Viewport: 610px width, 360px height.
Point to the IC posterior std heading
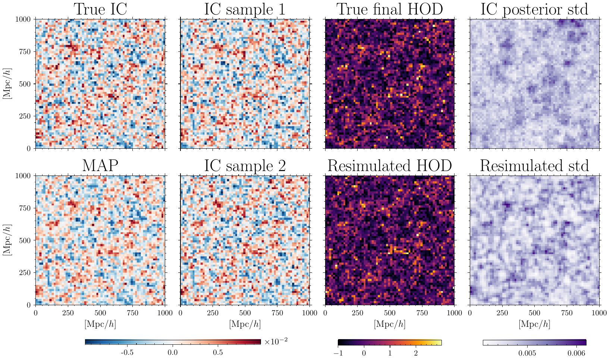534,10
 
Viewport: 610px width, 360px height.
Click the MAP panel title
100,165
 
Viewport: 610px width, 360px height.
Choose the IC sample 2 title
245,166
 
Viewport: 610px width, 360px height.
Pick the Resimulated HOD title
390,165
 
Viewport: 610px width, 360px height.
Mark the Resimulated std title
534,165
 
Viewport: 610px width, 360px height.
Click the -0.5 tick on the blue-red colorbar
127,353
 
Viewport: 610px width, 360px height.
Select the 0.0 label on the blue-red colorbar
173,353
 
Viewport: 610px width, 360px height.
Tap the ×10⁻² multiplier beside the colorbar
276,341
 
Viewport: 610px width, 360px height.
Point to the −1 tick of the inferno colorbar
338,353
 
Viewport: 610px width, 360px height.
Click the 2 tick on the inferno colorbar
416,353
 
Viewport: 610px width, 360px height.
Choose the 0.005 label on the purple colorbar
527,353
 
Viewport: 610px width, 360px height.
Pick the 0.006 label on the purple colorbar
576,353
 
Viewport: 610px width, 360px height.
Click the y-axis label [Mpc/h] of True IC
7,84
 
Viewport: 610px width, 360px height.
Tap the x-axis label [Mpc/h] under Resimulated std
534,324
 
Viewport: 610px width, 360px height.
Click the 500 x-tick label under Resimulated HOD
390,313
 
